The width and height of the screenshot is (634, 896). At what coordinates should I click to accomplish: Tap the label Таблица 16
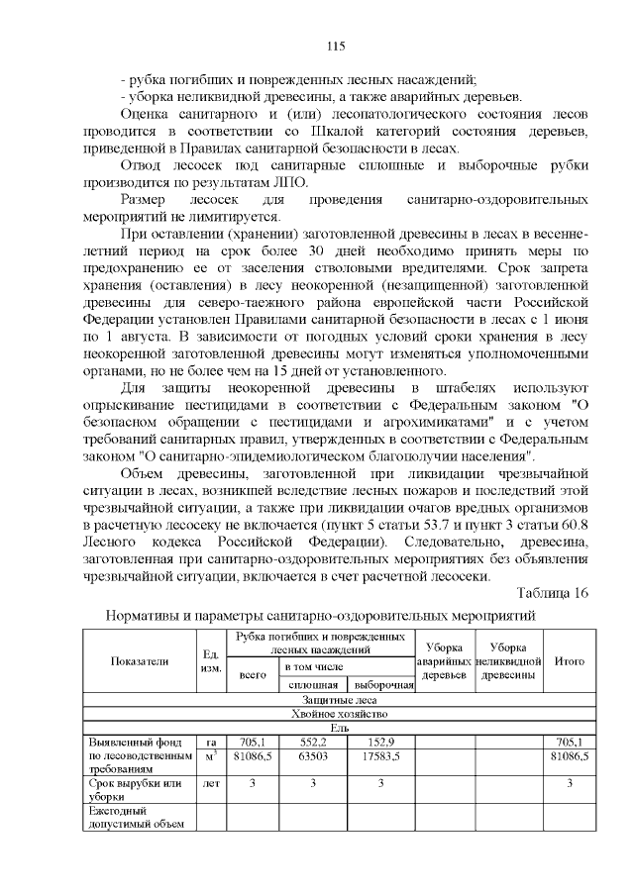tap(553, 593)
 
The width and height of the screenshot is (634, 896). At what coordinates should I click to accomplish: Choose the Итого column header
tap(569, 660)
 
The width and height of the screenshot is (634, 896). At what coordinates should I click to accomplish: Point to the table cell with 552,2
tap(314, 743)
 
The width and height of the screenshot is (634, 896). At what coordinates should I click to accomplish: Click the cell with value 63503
tap(314, 756)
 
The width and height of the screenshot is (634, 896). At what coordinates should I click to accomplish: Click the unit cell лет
tap(210, 783)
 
